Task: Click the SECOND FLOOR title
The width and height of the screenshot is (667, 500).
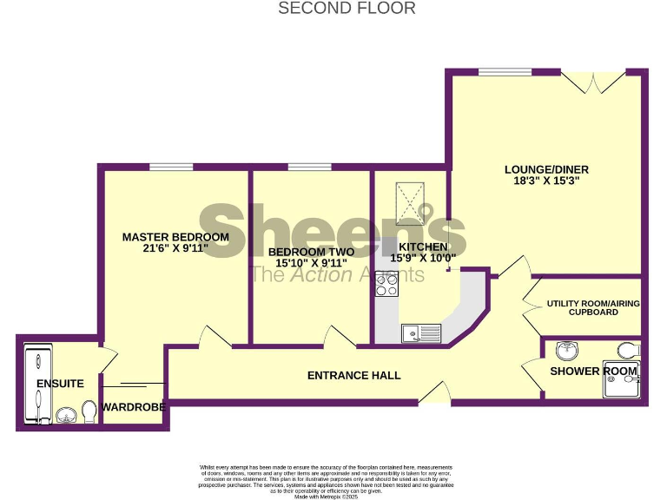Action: (347, 9)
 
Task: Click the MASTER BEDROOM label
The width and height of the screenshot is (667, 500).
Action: (175, 237)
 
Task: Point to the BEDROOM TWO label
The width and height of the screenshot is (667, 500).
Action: (311, 251)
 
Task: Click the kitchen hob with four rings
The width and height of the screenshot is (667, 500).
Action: (386, 284)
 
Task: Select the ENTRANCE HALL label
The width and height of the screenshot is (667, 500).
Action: (354, 376)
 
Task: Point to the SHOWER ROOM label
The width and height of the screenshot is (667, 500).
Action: (593, 372)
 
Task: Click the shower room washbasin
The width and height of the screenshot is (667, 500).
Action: (567, 350)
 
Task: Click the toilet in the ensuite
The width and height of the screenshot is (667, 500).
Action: (89, 410)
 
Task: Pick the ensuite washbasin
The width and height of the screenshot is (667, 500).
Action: (65, 415)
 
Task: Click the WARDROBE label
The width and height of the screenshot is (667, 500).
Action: (134, 406)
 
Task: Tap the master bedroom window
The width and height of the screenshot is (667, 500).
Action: (170, 167)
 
